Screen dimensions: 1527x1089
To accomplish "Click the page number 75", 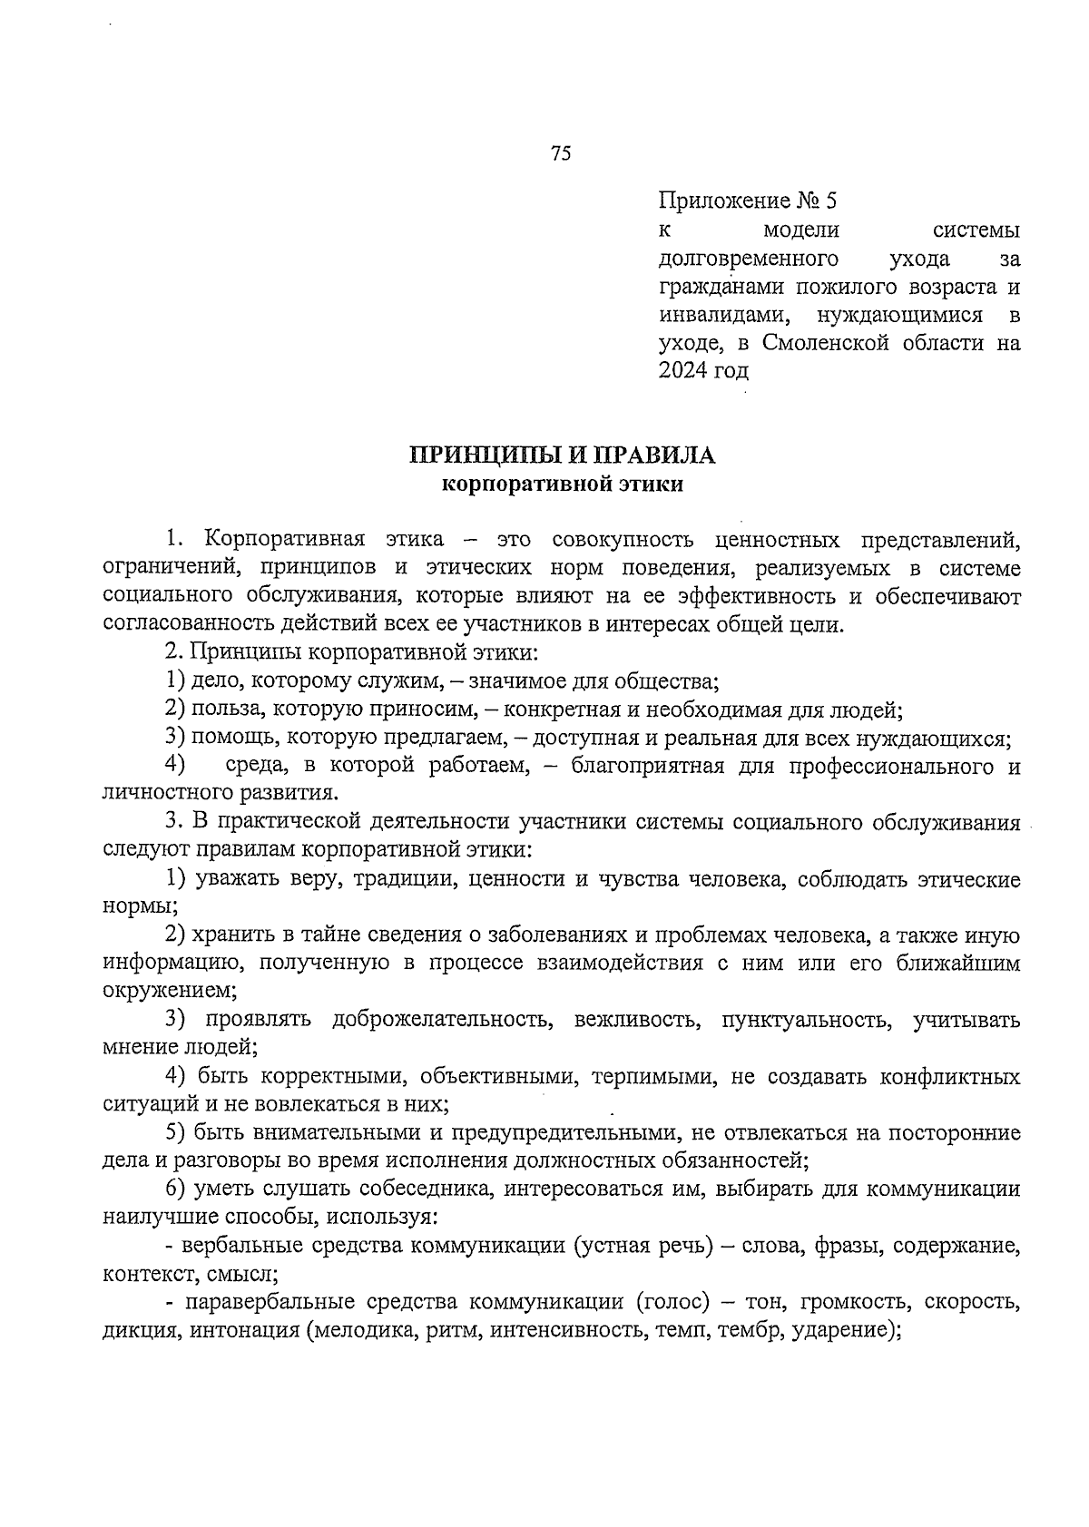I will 560,153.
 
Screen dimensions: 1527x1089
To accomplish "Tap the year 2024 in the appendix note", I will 682,370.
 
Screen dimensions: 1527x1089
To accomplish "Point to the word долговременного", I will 748,259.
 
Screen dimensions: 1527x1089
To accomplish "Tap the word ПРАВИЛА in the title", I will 661,455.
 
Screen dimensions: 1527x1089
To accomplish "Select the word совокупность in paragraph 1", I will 623,540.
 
